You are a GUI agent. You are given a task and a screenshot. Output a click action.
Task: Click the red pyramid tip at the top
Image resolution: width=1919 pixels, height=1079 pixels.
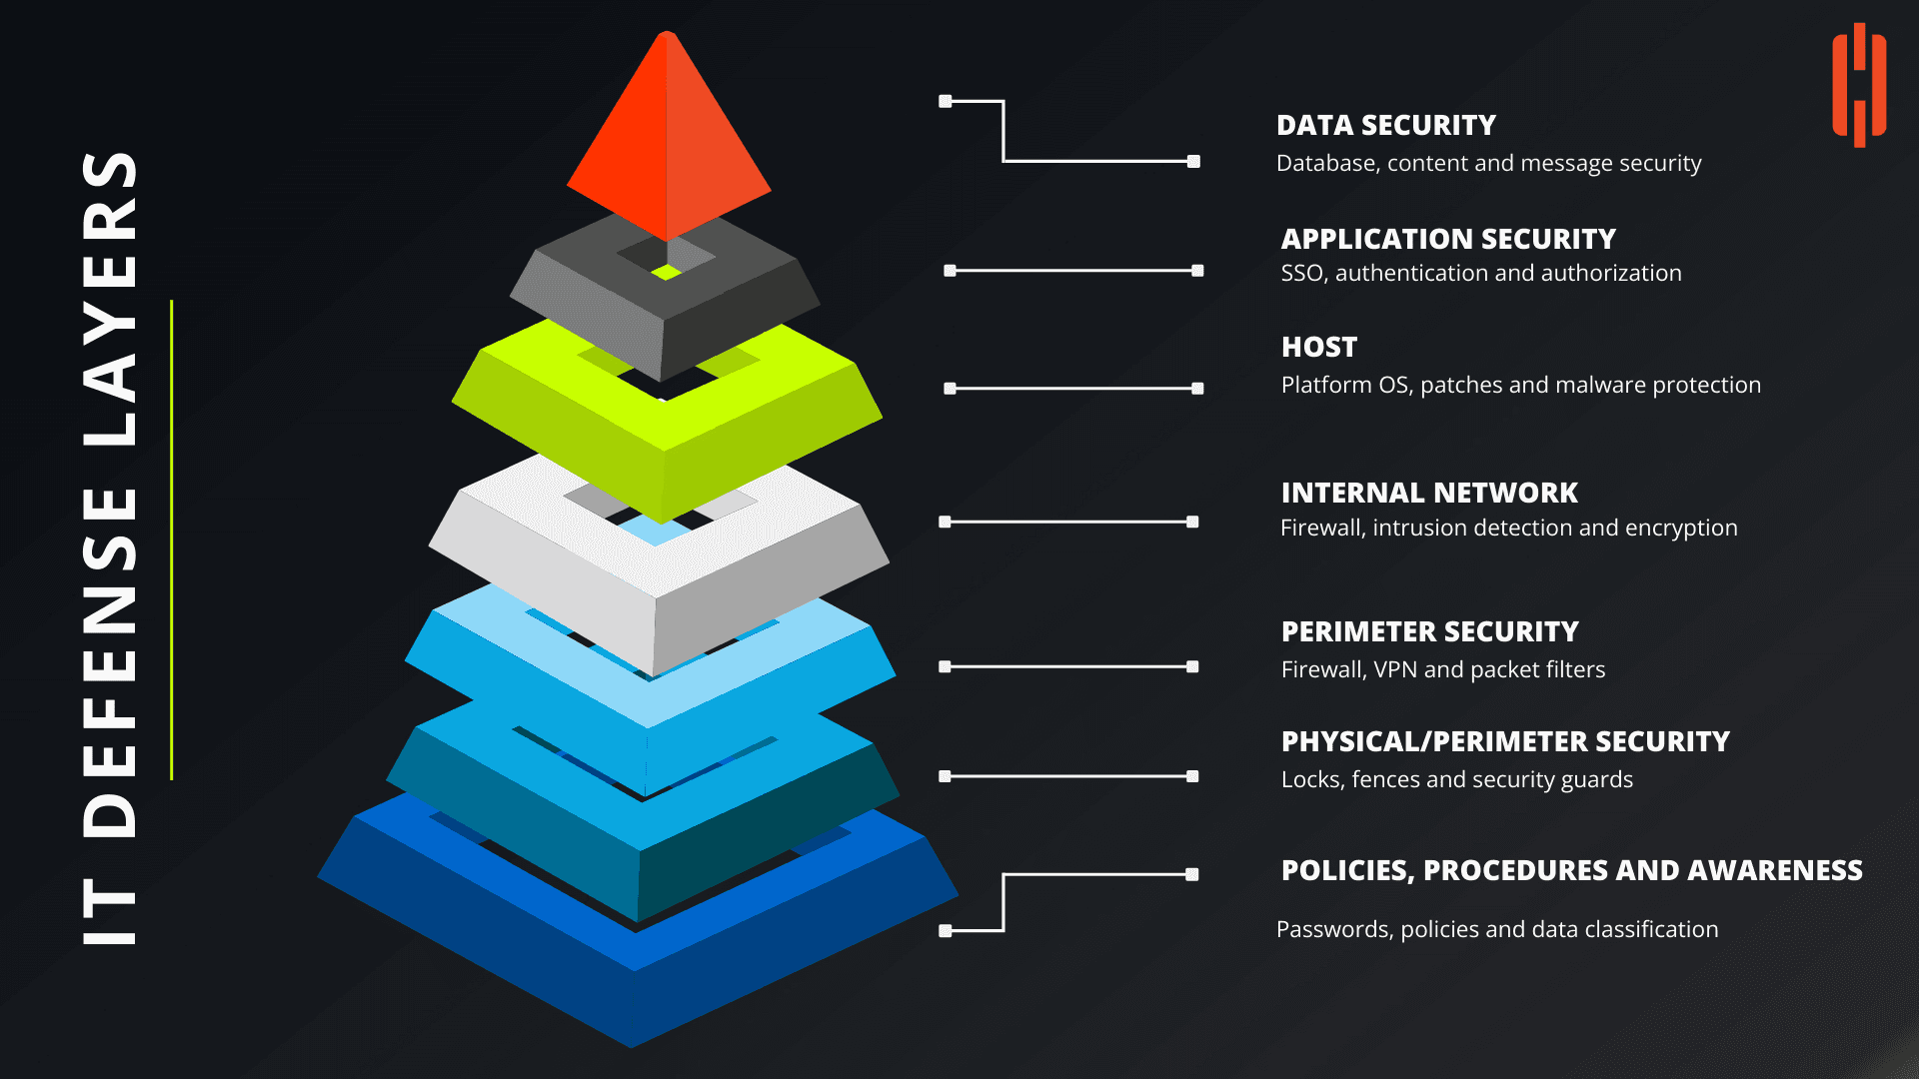(668, 140)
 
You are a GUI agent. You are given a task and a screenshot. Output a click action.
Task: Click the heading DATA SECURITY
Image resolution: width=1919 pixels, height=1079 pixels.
(1385, 126)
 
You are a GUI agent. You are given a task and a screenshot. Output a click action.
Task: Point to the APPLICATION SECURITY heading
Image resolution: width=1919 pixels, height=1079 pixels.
(1448, 240)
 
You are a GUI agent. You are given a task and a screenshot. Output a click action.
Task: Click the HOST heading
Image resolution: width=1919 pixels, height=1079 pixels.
(1319, 348)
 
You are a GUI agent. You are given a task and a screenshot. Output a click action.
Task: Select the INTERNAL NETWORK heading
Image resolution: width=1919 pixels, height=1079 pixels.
(1429, 494)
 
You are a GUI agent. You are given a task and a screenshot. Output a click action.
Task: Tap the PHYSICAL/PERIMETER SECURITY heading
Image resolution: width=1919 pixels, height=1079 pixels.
(1505, 742)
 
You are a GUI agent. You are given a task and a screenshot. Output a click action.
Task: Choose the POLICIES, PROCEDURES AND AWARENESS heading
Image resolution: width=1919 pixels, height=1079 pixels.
(1571, 871)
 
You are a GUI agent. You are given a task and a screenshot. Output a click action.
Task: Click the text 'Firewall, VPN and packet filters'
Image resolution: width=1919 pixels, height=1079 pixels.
(1443, 670)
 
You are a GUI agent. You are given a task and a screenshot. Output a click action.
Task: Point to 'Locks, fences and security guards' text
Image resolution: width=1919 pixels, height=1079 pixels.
(1456, 780)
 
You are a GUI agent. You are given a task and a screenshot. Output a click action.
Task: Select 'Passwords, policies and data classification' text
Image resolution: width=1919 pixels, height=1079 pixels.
(1497, 930)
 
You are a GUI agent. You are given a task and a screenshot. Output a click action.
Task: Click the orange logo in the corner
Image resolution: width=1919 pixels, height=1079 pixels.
(1858, 85)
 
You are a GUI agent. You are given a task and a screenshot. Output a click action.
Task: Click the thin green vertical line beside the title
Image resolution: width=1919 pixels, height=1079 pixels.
(172, 539)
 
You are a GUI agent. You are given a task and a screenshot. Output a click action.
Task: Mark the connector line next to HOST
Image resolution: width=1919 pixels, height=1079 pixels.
(1073, 389)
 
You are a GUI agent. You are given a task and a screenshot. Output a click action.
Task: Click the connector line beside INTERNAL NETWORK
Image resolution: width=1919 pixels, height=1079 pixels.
(1067, 522)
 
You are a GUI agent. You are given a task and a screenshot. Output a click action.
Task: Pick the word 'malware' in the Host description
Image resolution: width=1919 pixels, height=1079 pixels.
(1607, 386)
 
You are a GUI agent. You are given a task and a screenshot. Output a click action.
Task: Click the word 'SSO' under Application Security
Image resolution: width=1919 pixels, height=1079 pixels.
(1302, 274)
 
